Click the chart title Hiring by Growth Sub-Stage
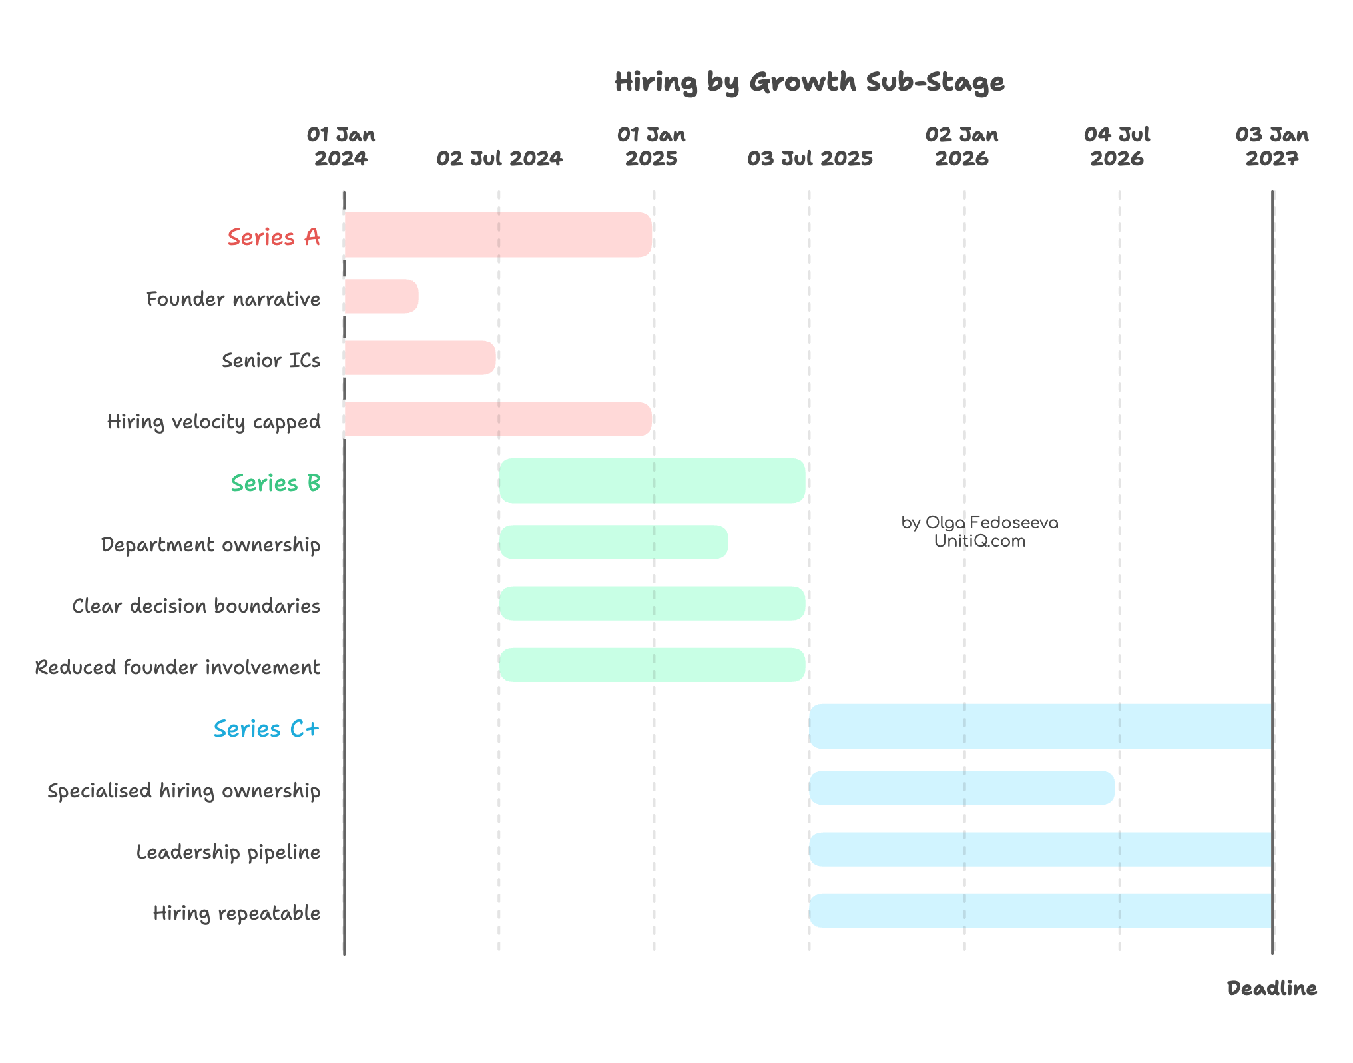click(x=809, y=83)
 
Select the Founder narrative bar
click(x=382, y=296)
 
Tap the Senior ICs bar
click(x=420, y=358)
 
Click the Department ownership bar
click(x=613, y=542)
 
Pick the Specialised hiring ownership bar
click(x=961, y=788)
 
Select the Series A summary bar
click(x=498, y=234)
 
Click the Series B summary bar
click(x=653, y=480)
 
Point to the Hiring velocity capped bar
click(x=498, y=419)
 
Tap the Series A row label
click(x=274, y=237)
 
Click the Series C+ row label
click(x=266, y=729)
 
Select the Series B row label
click(x=276, y=483)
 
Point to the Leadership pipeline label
click(x=228, y=852)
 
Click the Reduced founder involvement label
click(x=178, y=667)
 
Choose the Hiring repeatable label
click(x=236, y=913)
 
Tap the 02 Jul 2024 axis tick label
click(x=499, y=159)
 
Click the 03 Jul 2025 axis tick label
click(x=810, y=159)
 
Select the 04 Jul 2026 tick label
click(x=1117, y=147)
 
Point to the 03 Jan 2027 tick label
click(x=1272, y=147)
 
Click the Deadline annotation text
click(x=1272, y=988)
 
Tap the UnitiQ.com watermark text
click(x=979, y=541)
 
